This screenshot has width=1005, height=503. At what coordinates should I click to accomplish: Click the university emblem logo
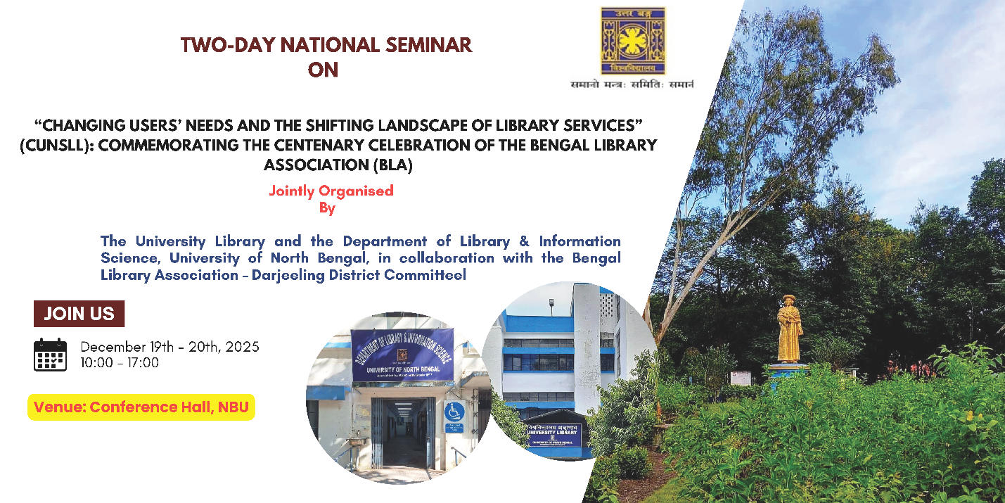coord(632,41)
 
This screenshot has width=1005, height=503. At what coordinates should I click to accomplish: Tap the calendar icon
coord(50,355)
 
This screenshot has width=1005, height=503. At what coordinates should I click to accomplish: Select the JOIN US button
coord(79,314)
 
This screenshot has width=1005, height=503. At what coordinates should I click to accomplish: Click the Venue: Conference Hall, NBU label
coord(141,407)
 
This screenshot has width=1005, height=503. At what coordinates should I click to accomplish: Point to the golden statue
coord(789,329)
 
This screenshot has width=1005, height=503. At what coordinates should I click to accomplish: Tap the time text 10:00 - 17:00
coord(120,363)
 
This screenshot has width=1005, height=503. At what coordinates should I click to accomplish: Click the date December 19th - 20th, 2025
coord(169,347)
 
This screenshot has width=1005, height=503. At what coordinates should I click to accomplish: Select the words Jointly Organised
coord(331,191)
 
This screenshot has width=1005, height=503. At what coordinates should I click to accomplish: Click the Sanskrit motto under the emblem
coord(632,84)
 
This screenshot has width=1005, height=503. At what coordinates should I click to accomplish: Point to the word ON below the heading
coord(323,70)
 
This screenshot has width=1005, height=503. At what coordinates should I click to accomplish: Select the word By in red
coord(327,208)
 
